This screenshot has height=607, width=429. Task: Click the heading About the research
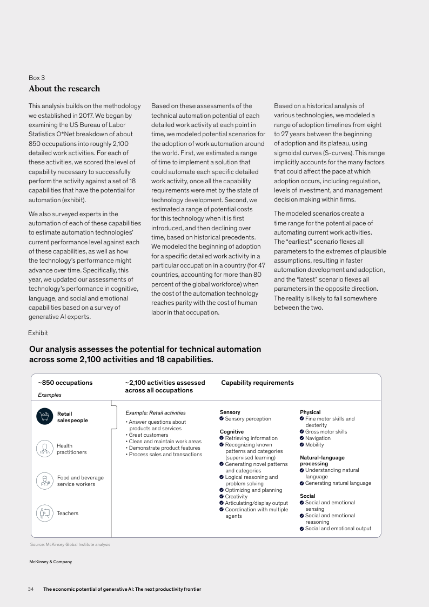pyautogui.click(x=64, y=89)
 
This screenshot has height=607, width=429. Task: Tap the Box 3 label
pyautogui.click(x=37, y=78)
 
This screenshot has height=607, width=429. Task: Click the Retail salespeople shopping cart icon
pyautogui.click(x=44, y=416)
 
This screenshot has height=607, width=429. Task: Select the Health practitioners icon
pyautogui.click(x=44, y=449)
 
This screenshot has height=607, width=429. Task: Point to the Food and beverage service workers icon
pyautogui.click(x=44, y=481)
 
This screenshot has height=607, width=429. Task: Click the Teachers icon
pyautogui.click(x=44, y=513)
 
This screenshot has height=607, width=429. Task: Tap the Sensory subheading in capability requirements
pyautogui.click(x=230, y=412)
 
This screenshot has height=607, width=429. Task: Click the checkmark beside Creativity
pyautogui.click(x=222, y=497)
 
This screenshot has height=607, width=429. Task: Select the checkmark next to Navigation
pyautogui.click(x=301, y=438)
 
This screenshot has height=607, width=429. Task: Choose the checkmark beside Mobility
pyautogui.click(x=301, y=445)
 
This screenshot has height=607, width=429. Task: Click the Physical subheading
pyautogui.click(x=310, y=412)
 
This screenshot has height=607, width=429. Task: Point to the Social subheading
pyautogui.click(x=307, y=496)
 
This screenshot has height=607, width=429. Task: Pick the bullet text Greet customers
pyautogui.click(x=148, y=435)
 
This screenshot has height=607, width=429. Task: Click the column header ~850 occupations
pyautogui.click(x=65, y=383)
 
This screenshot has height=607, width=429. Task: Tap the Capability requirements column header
pyautogui.click(x=257, y=383)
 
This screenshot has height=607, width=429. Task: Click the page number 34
pyautogui.click(x=31, y=589)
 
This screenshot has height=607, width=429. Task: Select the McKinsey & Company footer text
pyautogui.click(x=50, y=562)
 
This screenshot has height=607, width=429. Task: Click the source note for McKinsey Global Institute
pyautogui.click(x=70, y=544)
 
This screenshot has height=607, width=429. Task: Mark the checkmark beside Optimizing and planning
pyautogui.click(x=222, y=490)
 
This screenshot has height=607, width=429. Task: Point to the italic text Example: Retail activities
pyautogui.click(x=155, y=413)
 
